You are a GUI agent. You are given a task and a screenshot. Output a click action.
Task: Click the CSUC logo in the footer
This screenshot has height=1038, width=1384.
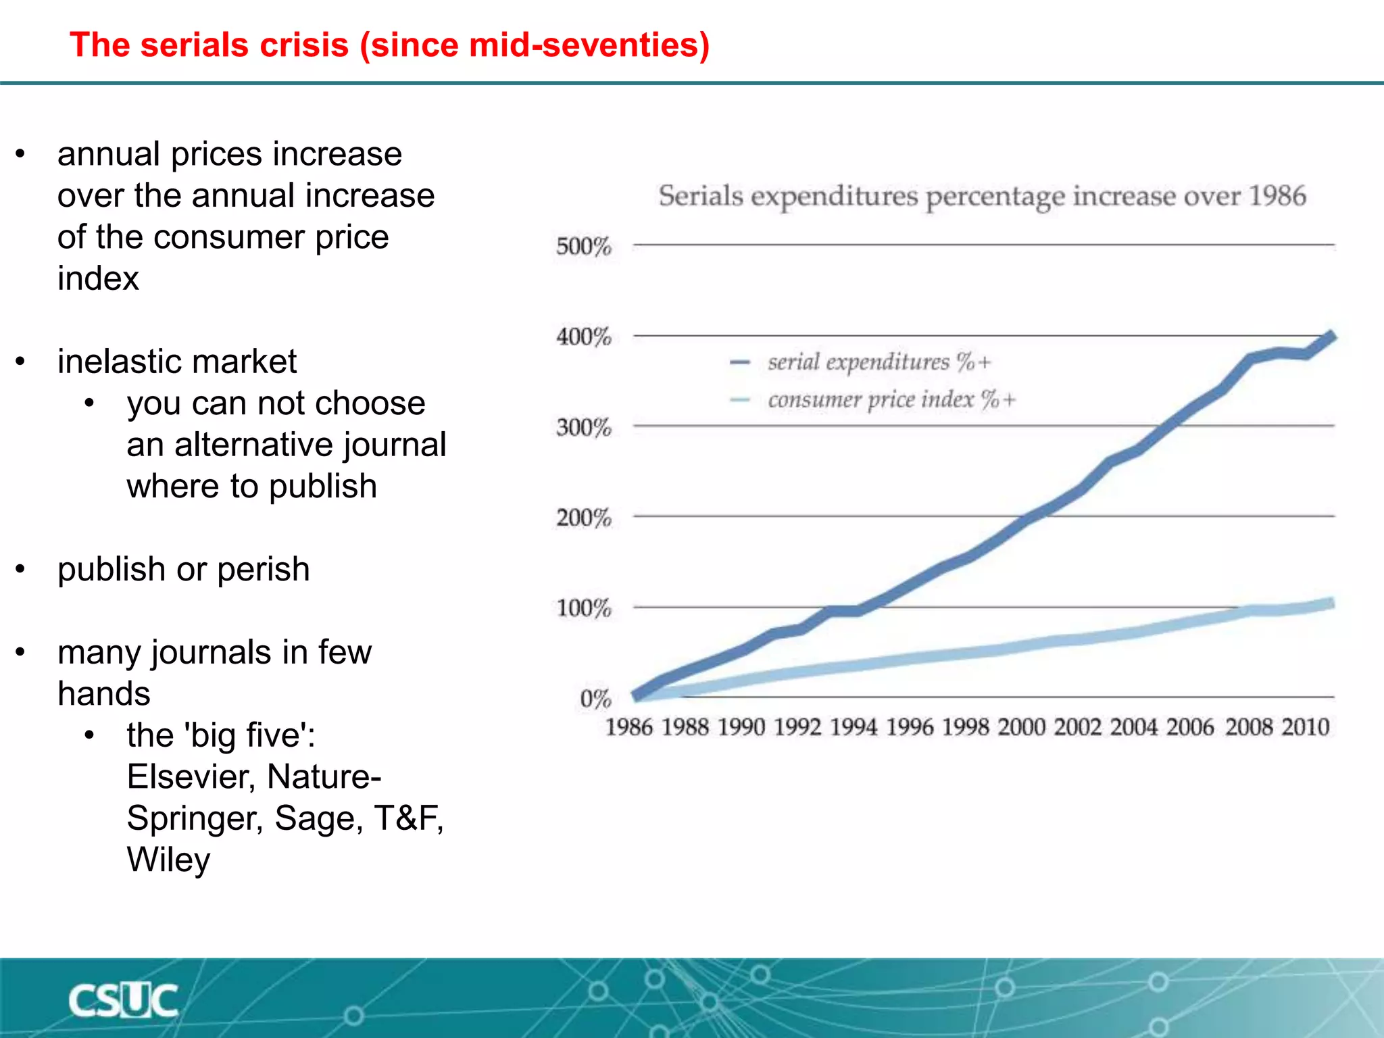coord(123,1000)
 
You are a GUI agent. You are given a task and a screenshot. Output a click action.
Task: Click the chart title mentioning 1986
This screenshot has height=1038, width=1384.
coord(982,197)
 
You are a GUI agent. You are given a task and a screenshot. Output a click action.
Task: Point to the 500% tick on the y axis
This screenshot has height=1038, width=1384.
coord(583,246)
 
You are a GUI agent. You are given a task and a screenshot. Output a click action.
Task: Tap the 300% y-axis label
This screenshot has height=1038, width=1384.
coord(583,427)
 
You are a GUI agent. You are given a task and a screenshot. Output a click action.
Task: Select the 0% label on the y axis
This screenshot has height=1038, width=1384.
coord(595,698)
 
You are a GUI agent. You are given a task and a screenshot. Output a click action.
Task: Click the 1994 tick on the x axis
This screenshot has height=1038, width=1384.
coord(853,727)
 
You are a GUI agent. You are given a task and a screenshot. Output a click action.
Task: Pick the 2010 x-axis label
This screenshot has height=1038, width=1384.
coord(1305,727)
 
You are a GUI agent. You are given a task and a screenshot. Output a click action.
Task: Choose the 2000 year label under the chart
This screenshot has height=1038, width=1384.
coord(1021,727)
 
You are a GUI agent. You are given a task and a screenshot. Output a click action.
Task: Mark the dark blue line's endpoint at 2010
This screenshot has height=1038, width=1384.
coord(1331,336)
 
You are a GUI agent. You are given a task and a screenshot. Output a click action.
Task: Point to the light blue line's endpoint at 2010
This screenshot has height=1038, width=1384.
coord(1331,603)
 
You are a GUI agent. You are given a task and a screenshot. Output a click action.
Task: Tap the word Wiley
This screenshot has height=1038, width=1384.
coord(168,860)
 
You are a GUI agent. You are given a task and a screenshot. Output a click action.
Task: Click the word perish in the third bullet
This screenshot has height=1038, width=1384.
coord(263,569)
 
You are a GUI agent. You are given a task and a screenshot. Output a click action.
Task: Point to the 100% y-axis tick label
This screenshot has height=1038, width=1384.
coord(583,608)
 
